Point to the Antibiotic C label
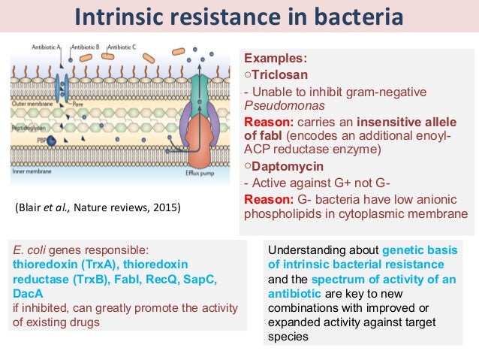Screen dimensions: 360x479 [122, 47]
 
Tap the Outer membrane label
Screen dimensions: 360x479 [30, 73]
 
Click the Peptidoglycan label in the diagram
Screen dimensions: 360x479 [28, 129]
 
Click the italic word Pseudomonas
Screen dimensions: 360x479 [279, 105]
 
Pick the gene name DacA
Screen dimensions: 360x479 [29, 292]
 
